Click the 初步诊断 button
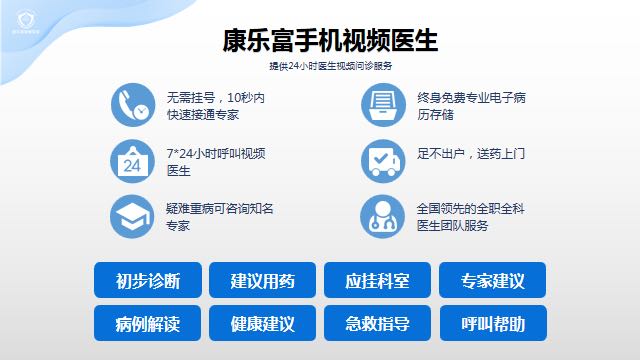(148, 280)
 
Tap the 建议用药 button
(263, 280)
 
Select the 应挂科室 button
(377, 280)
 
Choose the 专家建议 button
(493, 280)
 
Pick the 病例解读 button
(148, 324)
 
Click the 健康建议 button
(263, 324)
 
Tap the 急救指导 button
(377, 324)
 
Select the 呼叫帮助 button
(493, 324)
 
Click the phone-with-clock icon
(133, 105)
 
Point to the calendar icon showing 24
(133, 161)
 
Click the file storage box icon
(383, 105)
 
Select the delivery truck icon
(383, 161)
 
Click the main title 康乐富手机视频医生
(331, 41)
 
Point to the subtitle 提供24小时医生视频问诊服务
(331, 66)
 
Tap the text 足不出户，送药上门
(470, 154)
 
